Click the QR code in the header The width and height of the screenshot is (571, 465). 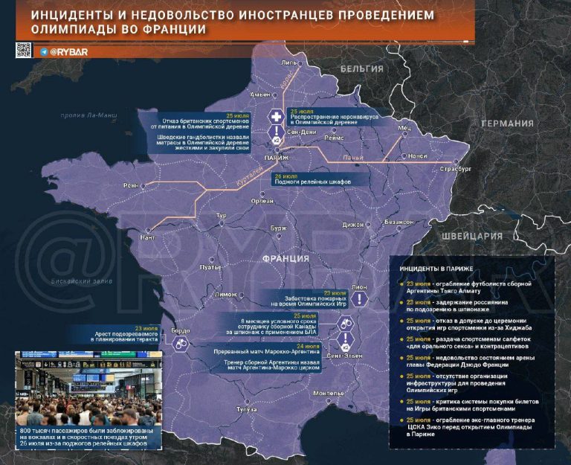[x=23, y=50]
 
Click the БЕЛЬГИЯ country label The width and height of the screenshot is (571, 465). [x=361, y=68]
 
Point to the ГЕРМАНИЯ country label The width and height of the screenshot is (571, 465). [x=507, y=124]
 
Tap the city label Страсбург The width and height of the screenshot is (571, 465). [x=456, y=170]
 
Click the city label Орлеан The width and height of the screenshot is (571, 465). [x=262, y=201]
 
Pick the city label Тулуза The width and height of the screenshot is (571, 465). [x=245, y=409]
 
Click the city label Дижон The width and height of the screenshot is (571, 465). [x=353, y=224]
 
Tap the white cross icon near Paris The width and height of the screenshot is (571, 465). [x=276, y=118]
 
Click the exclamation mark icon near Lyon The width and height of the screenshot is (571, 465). [x=360, y=298]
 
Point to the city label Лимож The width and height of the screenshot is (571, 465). [x=225, y=295]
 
